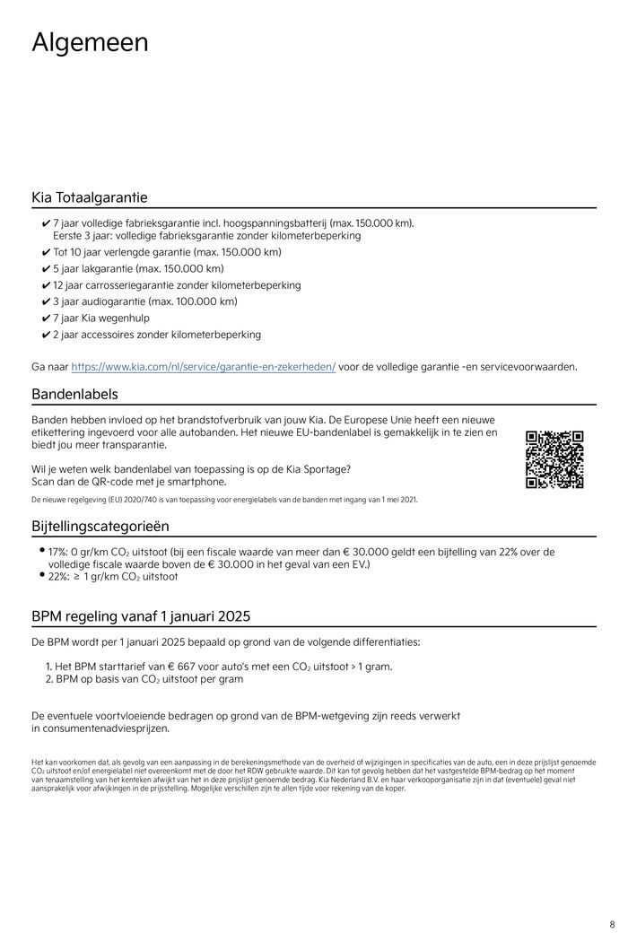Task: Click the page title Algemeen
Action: click(90, 42)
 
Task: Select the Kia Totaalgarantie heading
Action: click(90, 196)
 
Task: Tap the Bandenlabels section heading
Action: click(74, 394)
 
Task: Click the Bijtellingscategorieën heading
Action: click(100, 526)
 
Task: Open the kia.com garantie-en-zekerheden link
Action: click(203, 367)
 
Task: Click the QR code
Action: click(554, 459)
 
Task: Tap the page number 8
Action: click(611, 924)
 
